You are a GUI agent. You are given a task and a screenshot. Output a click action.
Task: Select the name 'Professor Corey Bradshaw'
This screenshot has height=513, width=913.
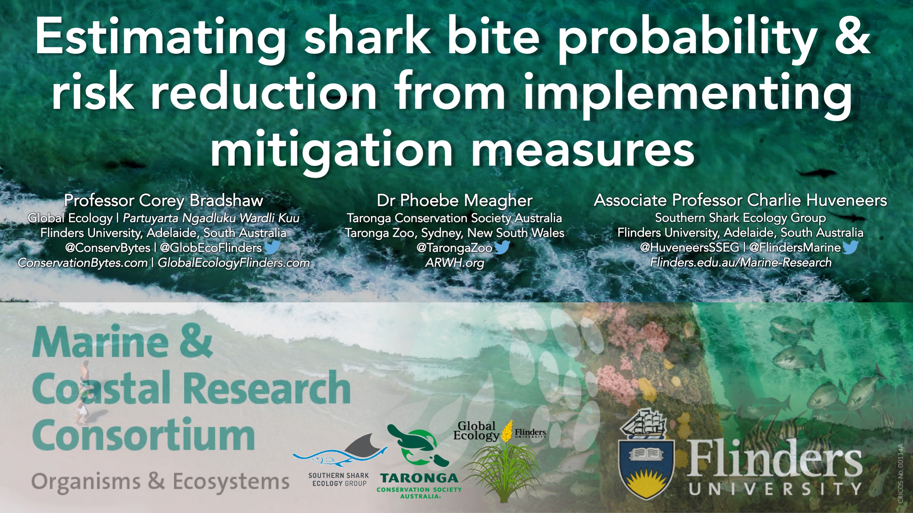(x=163, y=200)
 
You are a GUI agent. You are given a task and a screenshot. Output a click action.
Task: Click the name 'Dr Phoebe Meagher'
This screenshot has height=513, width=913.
(x=455, y=200)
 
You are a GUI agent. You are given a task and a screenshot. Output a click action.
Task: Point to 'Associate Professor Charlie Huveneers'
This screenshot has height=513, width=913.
(x=740, y=200)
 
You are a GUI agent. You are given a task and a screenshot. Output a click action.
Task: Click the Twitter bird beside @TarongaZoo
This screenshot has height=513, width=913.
(x=501, y=247)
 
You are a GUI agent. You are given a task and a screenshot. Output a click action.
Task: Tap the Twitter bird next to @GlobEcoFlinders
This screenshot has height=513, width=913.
(x=272, y=247)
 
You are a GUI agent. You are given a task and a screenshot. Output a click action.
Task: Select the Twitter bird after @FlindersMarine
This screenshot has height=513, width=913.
(x=850, y=247)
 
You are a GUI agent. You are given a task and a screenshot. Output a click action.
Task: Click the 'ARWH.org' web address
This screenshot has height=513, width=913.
(x=455, y=263)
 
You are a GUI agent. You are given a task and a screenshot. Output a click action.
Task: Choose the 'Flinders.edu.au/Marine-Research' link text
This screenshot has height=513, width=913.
(x=741, y=262)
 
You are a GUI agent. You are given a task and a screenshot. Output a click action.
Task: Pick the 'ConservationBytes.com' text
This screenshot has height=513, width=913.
(x=83, y=263)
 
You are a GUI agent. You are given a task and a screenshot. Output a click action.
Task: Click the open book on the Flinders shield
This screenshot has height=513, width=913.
(x=646, y=454)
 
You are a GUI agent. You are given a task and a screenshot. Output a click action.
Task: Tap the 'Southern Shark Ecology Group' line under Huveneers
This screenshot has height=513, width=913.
(x=740, y=217)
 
